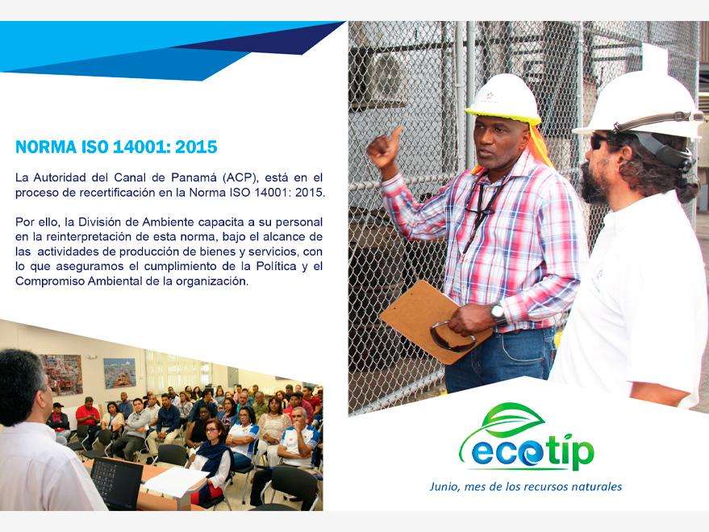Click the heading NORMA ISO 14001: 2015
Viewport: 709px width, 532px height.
[116, 148]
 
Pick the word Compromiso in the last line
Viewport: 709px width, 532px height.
[50, 281]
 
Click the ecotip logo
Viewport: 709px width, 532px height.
[527, 438]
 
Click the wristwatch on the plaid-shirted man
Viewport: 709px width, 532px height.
[498, 314]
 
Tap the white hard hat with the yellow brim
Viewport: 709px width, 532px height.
[503, 99]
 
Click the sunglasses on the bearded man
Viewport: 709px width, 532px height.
[599, 142]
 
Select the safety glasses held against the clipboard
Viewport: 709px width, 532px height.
[453, 337]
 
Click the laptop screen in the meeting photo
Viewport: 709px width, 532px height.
[116, 482]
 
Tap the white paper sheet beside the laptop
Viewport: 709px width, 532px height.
[176, 481]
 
